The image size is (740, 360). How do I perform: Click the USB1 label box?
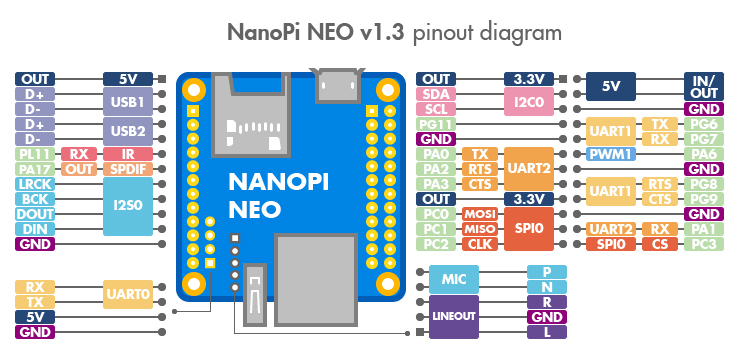(x=128, y=102)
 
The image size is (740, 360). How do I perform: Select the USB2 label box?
(x=128, y=131)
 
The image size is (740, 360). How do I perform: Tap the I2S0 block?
(x=128, y=206)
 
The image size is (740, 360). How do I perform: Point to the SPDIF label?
(x=128, y=169)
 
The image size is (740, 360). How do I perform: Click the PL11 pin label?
(x=35, y=154)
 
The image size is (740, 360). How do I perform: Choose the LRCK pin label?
(x=35, y=184)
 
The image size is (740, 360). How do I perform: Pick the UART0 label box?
(x=128, y=295)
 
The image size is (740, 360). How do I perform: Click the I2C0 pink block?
(x=528, y=102)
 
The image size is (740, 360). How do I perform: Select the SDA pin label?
(x=437, y=94)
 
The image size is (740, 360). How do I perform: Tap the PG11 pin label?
(x=437, y=124)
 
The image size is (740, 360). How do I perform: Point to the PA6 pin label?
(x=703, y=154)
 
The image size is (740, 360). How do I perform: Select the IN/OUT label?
(x=703, y=86)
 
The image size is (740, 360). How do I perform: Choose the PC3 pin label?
(x=703, y=244)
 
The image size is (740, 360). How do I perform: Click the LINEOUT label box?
(x=453, y=317)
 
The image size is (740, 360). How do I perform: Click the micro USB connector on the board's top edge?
(x=338, y=86)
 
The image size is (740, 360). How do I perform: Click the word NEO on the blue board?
(x=256, y=210)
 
